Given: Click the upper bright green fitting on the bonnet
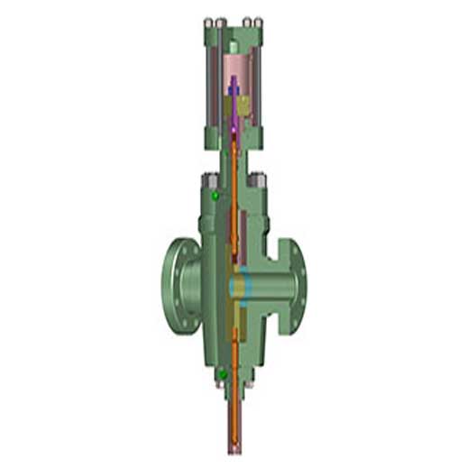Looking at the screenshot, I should click(215, 196).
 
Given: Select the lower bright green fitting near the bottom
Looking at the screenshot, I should click(221, 373).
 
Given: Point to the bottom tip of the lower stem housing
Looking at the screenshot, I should click(234, 448).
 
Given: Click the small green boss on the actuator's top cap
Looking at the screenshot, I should click(233, 45).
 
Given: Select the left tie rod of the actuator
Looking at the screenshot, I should click(213, 81).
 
